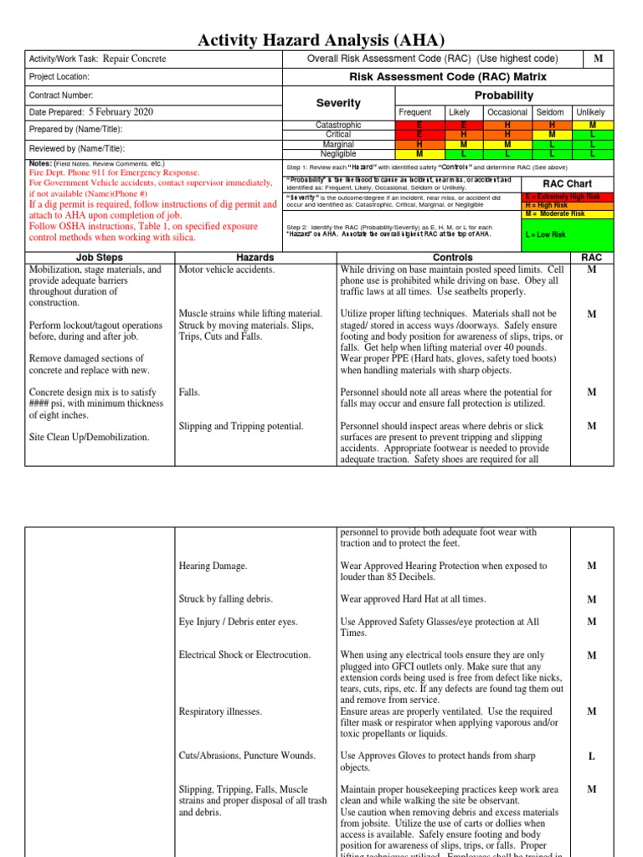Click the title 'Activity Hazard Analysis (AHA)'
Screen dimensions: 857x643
[321, 40]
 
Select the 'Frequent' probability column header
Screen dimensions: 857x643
[415, 112]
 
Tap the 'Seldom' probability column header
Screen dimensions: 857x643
[550, 112]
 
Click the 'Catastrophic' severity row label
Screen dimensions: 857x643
[337, 126]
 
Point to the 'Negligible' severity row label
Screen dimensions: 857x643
[337, 154]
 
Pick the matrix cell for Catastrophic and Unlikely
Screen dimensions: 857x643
[592, 126]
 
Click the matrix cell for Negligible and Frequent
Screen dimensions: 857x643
[419, 154]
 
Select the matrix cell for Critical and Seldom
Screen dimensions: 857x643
[551, 135]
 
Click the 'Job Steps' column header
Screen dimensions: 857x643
[99, 258]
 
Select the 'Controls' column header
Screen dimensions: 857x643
[452, 258]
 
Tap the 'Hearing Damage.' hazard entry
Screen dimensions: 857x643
[213, 567]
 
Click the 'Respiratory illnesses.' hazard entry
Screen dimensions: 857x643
[221, 711]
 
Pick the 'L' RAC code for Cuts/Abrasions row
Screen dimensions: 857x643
[591, 757]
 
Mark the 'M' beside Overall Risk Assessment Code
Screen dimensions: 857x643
[598, 59]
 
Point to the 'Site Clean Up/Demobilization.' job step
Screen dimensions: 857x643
[90, 437]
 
